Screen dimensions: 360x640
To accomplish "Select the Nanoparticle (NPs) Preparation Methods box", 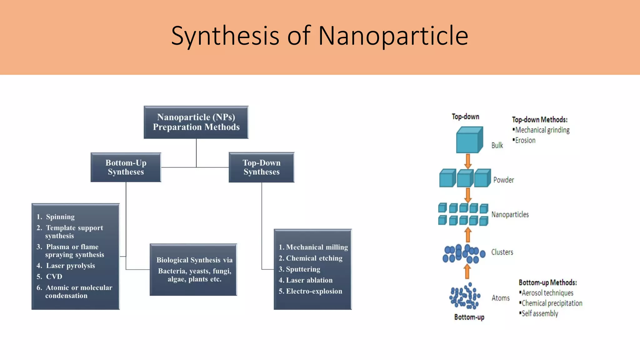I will (x=196, y=122).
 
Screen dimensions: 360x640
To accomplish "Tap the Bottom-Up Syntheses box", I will (x=126, y=167).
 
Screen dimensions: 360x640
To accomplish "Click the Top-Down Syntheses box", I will (x=262, y=167).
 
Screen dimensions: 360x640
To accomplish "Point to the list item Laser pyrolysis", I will (x=70, y=266).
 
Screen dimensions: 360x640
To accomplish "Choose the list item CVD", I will (x=54, y=277).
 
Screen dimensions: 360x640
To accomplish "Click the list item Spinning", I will (x=60, y=217).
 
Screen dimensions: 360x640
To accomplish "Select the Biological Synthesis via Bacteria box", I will (x=193, y=270).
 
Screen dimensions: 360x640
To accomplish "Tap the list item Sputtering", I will (x=302, y=269).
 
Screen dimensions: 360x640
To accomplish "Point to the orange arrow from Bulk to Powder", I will (x=468, y=161).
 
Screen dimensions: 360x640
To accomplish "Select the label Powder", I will (x=503, y=180).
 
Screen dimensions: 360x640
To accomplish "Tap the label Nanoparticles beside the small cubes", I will (x=510, y=215).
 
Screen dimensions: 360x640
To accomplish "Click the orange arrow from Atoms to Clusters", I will (x=467, y=271).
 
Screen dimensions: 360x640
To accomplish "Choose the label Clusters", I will (x=502, y=252).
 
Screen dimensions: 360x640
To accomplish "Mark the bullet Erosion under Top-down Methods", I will (x=525, y=140).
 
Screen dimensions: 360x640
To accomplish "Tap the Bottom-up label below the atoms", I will (x=469, y=317).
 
